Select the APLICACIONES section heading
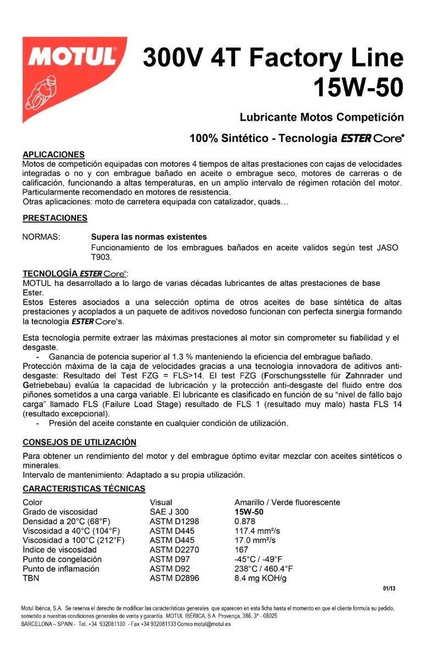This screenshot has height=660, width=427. [53, 155]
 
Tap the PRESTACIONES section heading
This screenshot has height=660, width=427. [55, 218]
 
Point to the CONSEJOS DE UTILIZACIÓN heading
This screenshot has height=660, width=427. [79, 442]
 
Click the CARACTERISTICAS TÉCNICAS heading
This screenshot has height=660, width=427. [84, 488]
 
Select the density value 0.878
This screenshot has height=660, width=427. [245, 521]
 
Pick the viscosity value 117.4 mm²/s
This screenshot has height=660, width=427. [257, 531]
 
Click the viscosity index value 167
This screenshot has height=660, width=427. [241, 549]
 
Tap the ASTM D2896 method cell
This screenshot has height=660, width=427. [174, 578]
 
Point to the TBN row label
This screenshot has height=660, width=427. [31, 578]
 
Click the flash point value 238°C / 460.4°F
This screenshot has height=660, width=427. [264, 569]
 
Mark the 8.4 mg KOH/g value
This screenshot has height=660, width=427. [260, 578]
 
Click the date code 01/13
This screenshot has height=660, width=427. [389, 588]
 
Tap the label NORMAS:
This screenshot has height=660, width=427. [41, 237]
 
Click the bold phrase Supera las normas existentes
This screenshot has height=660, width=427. [148, 237]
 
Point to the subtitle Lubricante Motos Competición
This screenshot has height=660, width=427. [321, 117]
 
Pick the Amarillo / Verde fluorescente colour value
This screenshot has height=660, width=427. [287, 502]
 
